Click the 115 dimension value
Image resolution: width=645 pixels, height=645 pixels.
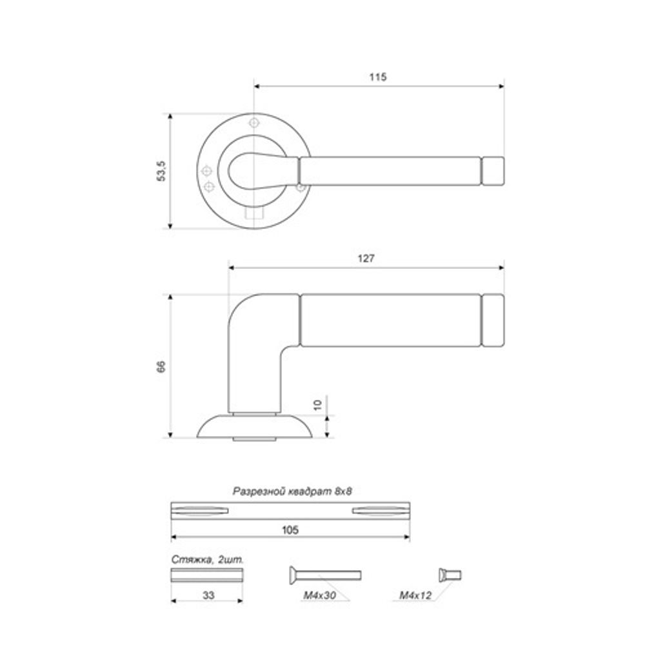[x=377, y=77]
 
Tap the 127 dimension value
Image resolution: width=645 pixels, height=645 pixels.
[x=366, y=259]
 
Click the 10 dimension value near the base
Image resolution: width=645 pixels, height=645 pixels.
[x=317, y=405]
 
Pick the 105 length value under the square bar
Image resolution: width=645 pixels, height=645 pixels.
[x=290, y=530]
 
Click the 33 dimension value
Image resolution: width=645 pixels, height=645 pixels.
[x=208, y=595]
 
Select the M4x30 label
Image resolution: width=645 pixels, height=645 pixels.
[x=320, y=595]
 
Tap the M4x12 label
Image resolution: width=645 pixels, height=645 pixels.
[x=415, y=595]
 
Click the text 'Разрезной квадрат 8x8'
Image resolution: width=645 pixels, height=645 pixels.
[x=292, y=491]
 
